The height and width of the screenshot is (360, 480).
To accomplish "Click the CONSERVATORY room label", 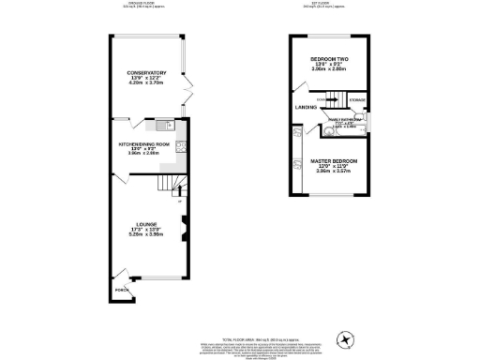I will (147, 72).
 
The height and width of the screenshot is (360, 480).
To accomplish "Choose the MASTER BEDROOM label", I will (329, 160).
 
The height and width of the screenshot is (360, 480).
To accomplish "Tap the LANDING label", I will (306, 108).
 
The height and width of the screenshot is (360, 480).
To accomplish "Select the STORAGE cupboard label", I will (357, 99).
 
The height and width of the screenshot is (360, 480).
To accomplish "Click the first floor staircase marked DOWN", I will (328, 99).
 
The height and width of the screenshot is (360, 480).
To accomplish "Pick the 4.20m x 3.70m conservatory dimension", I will (147, 83).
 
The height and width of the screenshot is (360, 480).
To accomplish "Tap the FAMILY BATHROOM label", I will (344, 121).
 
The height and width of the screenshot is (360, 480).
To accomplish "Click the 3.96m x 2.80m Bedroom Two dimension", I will (329, 69).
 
